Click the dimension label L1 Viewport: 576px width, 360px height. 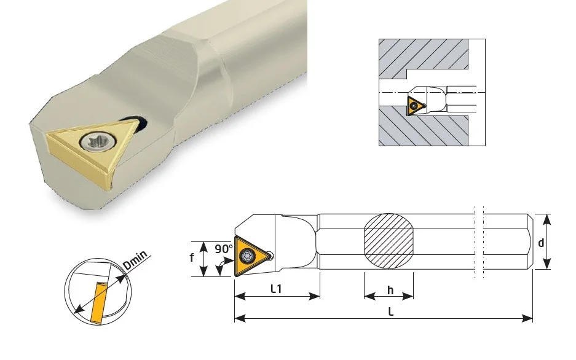click(276, 289)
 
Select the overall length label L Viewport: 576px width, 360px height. click(391, 312)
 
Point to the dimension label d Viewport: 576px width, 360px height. click(541, 243)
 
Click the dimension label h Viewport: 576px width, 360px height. click(390, 291)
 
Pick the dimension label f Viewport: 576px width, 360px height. click(192, 257)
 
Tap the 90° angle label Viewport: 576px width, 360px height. click(224, 249)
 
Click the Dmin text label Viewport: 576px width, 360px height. click(135, 260)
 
